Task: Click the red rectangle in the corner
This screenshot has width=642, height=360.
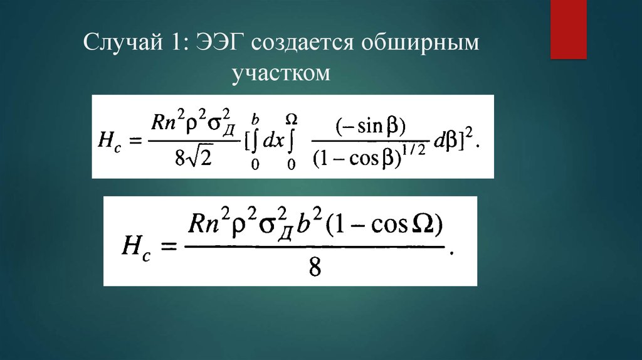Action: (x=568, y=29)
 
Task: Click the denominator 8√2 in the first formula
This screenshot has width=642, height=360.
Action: (x=194, y=157)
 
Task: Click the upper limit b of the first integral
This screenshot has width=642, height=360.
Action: (x=255, y=118)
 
